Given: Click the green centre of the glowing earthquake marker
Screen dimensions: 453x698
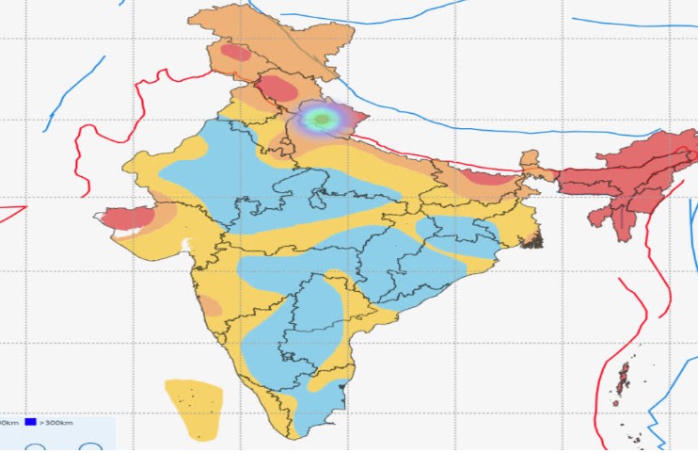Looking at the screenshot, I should [x=323, y=120].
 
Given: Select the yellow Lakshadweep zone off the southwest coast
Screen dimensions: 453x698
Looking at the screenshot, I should [x=195, y=407].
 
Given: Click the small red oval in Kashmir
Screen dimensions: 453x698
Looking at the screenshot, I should [x=235, y=53].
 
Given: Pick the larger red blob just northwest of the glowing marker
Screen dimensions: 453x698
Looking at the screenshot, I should [x=277, y=89].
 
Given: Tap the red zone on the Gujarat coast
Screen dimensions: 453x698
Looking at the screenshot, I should [x=127, y=218].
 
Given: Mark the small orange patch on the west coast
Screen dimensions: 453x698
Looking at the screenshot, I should [x=212, y=305].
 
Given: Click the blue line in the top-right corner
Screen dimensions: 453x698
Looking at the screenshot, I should [x=630, y=24].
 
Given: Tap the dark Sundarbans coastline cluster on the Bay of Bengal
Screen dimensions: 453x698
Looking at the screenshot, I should [x=532, y=240].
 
